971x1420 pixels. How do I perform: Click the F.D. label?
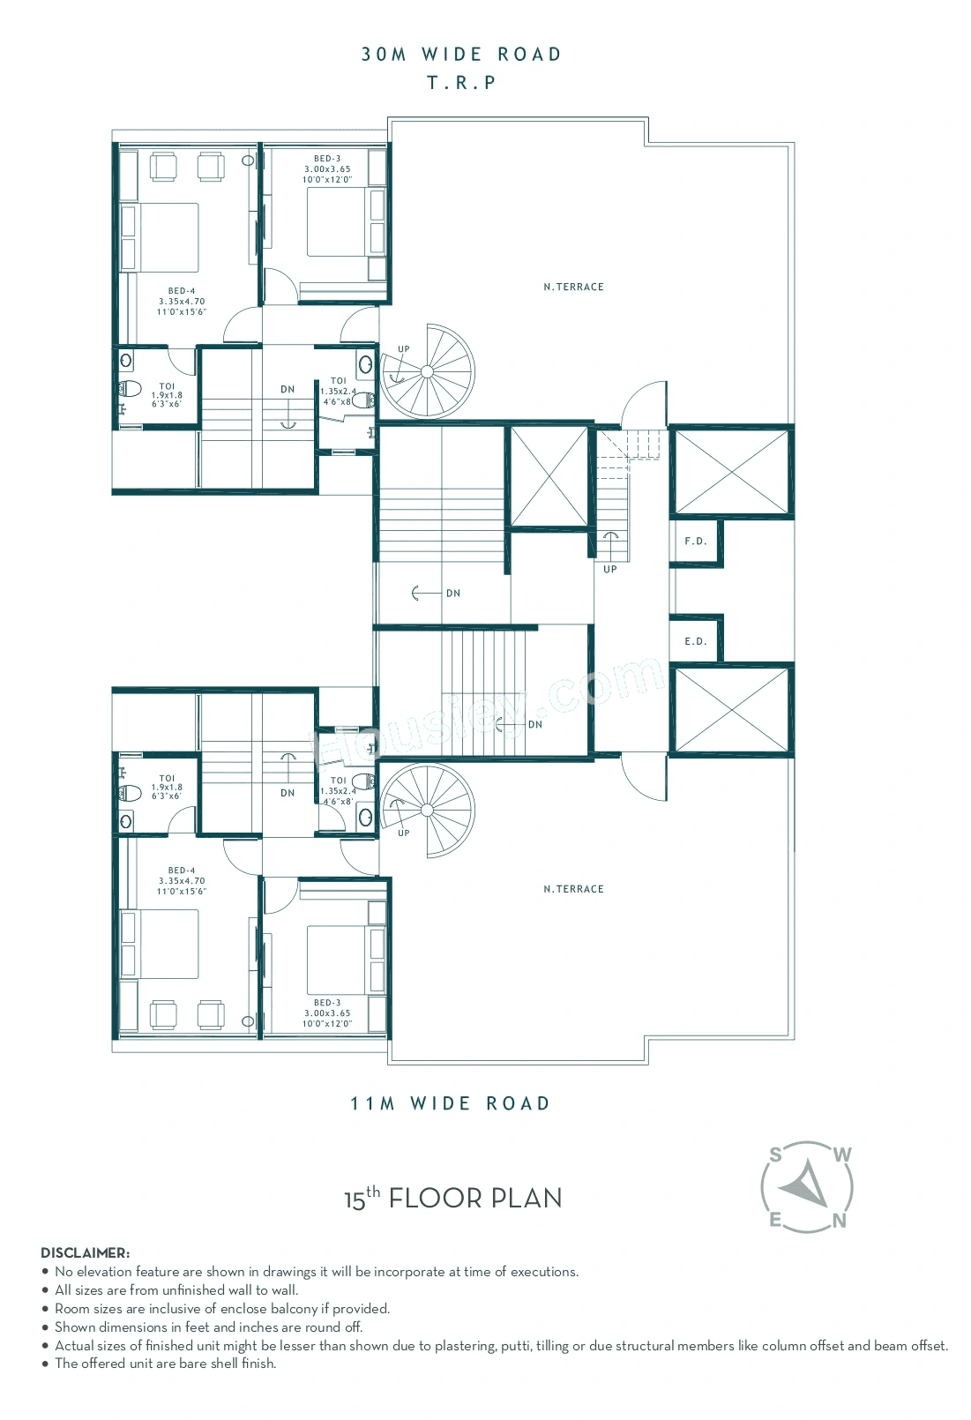(x=696, y=541)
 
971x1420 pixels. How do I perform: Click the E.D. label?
(x=696, y=641)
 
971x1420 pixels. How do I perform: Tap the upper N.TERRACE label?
(x=573, y=287)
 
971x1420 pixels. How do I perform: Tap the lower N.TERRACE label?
(x=573, y=889)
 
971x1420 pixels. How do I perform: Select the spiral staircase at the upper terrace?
(x=428, y=372)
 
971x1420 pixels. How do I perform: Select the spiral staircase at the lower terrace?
(x=428, y=810)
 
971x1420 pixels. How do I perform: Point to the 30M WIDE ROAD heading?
(x=461, y=55)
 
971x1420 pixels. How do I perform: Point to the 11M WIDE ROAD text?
(x=450, y=1103)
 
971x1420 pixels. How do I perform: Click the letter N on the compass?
(x=840, y=1222)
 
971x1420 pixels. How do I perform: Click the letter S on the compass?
(x=775, y=1154)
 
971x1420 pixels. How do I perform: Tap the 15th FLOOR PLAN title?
(x=452, y=1199)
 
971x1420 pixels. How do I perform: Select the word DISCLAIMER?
(x=85, y=1252)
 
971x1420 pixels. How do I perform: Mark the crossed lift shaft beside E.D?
(x=730, y=710)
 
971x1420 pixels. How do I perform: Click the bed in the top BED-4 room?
(x=161, y=237)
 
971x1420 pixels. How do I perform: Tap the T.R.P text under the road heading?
(x=461, y=83)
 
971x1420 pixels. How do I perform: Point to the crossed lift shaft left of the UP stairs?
(x=549, y=476)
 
